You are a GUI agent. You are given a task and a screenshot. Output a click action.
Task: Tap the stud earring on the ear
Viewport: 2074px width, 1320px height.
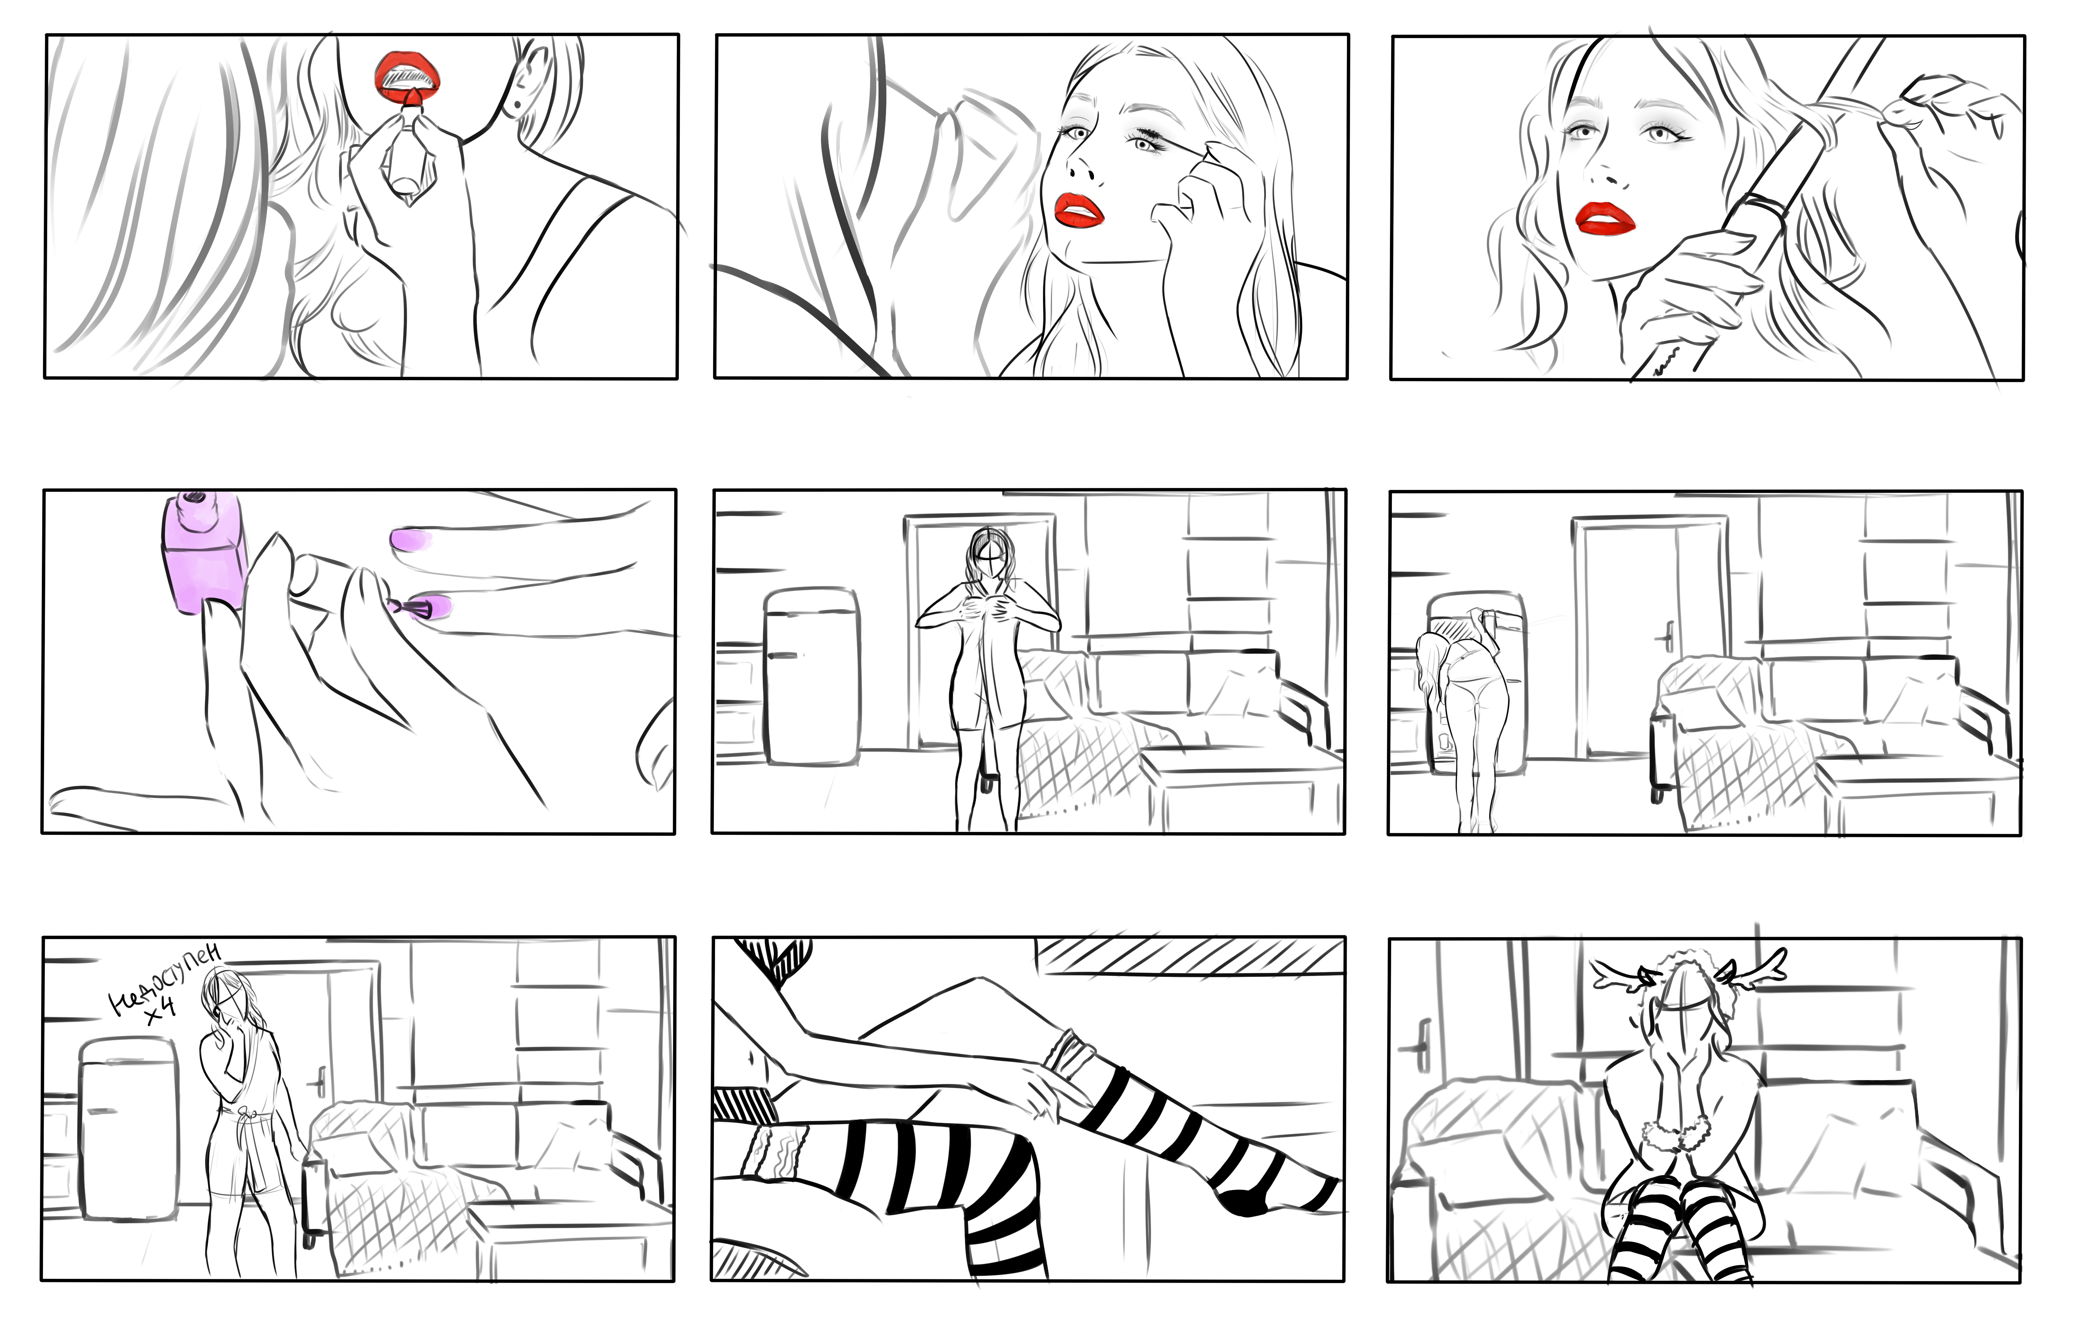point(517,106)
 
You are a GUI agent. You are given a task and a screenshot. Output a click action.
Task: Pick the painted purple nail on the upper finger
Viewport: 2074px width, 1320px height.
point(412,540)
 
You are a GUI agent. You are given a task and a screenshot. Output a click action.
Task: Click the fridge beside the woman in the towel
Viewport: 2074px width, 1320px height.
point(811,676)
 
